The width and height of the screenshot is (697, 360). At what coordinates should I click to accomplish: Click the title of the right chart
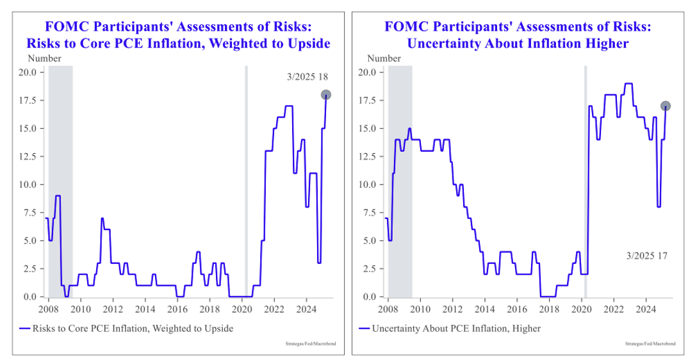click(518, 36)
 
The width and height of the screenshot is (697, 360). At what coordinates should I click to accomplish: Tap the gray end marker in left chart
click(325, 95)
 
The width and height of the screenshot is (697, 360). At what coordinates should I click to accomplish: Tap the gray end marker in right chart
click(666, 106)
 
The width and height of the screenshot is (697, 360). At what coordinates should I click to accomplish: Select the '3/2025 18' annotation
click(307, 78)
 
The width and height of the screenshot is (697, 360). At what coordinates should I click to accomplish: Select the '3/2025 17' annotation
click(647, 256)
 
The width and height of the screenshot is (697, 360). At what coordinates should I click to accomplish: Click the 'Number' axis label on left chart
click(44, 58)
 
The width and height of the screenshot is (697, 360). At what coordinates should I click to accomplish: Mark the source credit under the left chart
click(310, 344)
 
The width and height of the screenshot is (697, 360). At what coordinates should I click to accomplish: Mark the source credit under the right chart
click(650, 344)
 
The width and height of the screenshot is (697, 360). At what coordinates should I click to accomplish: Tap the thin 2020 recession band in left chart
click(246, 179)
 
